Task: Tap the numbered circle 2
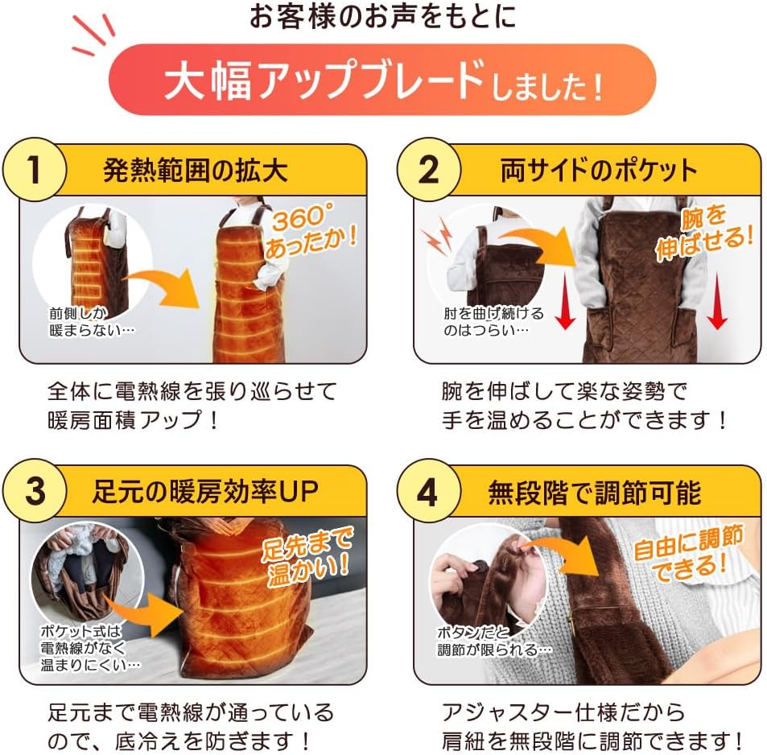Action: (428, 170)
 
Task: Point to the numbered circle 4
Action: (428, 491)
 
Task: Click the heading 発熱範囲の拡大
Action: (196, 171)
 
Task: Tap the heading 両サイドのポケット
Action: (599, 171)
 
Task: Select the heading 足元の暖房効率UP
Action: (205, 492)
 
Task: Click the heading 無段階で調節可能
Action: (595, 493)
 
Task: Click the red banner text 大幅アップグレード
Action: (324, 80)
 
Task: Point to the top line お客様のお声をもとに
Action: (382, 16)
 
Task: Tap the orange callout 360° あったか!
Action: (311, 231)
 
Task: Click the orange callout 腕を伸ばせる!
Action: (703, 233)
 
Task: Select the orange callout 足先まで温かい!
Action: (307, 556)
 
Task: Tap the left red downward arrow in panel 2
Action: (566, 301)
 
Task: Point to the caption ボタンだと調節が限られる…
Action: (494, 641)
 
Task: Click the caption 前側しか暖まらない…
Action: (92, 321)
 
